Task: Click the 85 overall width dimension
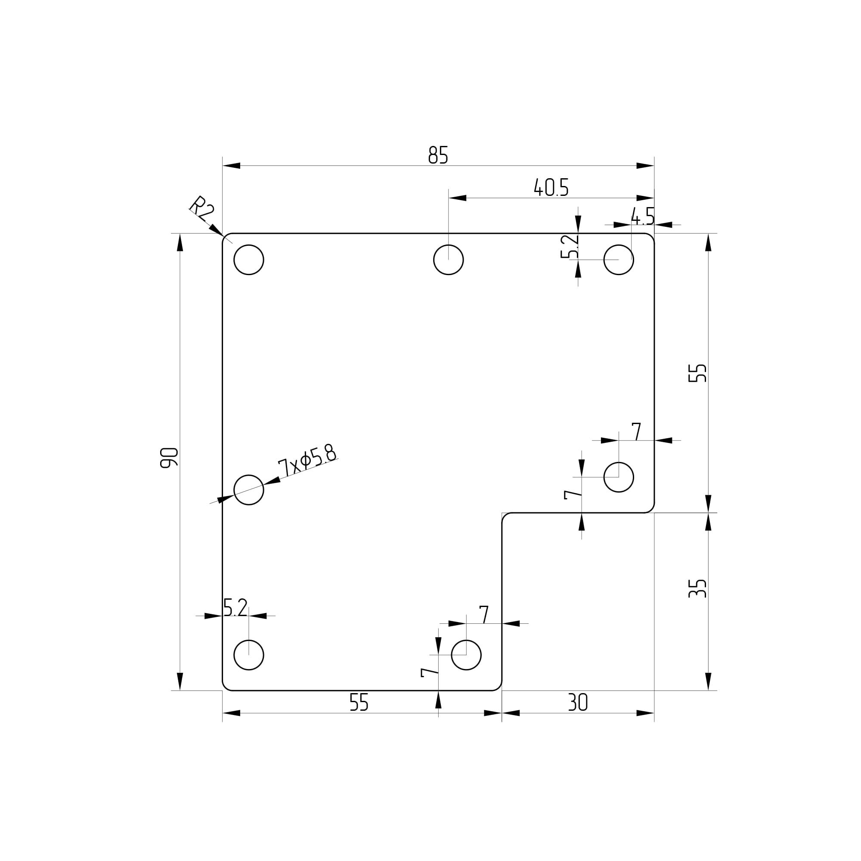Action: [438, 155]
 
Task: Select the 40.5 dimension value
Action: [551, 187]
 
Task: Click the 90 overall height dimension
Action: [169, 458]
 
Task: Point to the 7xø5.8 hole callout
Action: [307, 461]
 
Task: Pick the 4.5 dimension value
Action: [643, 216]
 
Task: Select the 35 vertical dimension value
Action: [697, 588]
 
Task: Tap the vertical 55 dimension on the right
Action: [697, 373]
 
